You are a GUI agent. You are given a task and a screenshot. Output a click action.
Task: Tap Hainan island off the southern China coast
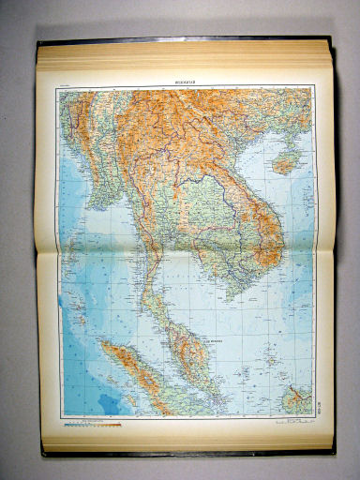pos(283,163)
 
